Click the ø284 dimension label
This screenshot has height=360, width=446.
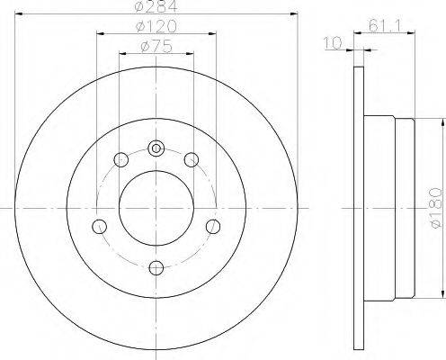(156, 6)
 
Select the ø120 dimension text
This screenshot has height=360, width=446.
(156, 26)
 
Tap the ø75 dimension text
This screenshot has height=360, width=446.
(156, 47)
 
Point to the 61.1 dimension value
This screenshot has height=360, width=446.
(385, 25)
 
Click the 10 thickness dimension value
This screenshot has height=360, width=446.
(333, 42)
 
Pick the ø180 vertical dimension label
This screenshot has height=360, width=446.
(435, 208)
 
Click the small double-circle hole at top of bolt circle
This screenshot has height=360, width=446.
(156, 148)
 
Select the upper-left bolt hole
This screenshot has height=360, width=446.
(121, 159)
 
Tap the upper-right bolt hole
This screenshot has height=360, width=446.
(192, 159)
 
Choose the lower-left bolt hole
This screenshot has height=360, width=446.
(99, 227)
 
